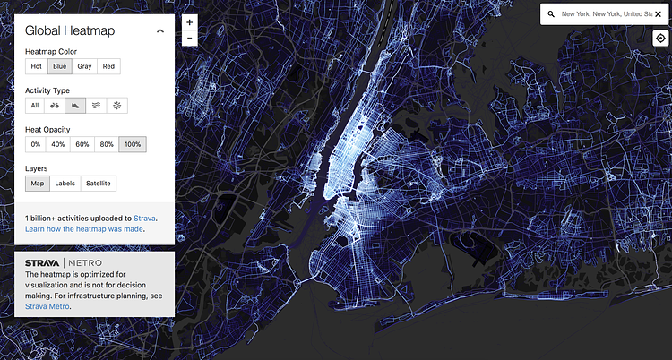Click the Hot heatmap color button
[37, 66]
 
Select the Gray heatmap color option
[84, 66]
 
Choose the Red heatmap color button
[108, 66]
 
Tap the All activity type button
[35, 106]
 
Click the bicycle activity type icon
[55, 106]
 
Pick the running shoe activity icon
[75, 106]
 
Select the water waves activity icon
[96, 106]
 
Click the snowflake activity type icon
[116, 106]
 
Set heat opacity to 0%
[36, 144]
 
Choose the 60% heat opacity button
[82, 144]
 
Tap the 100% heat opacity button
[133, 144]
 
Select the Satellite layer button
[99, 184]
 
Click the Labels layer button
[65, 184]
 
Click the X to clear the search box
[658, 14]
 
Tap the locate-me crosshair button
[660, 39]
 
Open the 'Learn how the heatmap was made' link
[84, 229]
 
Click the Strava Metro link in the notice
[47, 306]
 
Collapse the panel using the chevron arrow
[160, 30]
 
